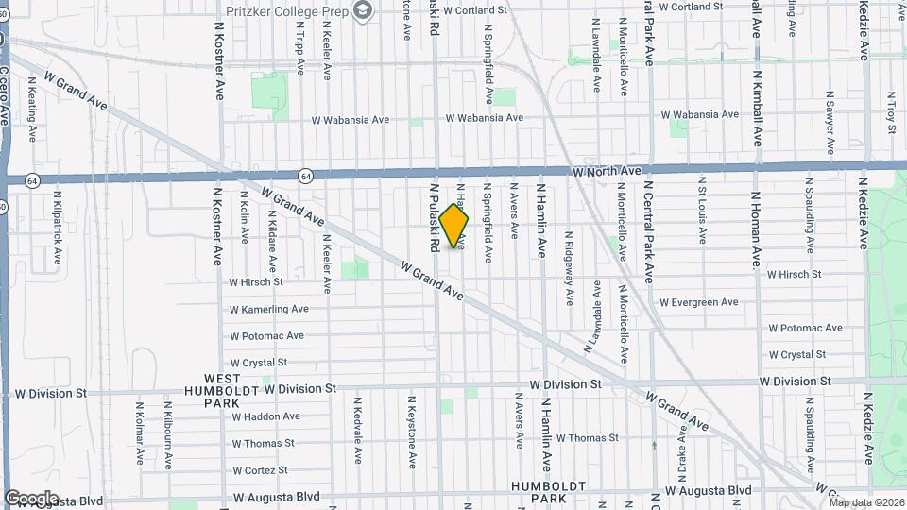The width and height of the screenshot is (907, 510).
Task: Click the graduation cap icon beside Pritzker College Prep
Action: click(x=361, y=9)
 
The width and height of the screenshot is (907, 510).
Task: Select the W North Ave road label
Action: click(x=607, y=171)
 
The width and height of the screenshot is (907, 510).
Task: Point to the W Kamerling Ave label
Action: click(x=269, y=309)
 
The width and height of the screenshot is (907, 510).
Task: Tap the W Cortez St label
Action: click(x=265, y=469)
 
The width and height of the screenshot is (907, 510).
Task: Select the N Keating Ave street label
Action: click(x=31, y=110)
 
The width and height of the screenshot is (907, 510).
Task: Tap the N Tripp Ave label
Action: click(x=300, y=51)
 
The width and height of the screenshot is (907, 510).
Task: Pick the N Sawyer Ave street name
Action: click(x=830, y=123)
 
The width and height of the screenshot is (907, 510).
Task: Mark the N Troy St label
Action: click(x=890, y=111)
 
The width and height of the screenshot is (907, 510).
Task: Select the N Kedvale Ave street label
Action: click(x=358, y=430)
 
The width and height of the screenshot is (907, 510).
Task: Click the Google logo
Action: click(x=31, y=498)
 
